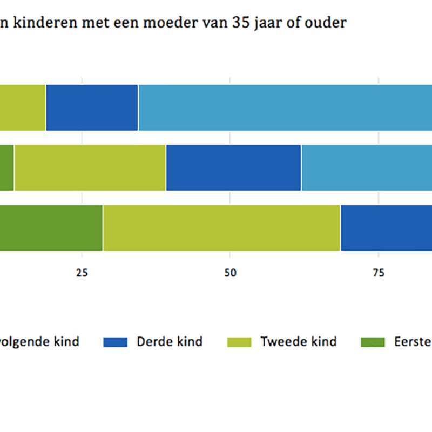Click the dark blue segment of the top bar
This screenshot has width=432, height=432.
tap(92, 108)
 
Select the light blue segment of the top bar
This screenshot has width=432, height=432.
tap(285, 108)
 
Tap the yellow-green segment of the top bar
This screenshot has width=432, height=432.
tap(23, 108)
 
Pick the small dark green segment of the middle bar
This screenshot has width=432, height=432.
tap(6, 167)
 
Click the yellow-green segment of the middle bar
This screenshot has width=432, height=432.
tap(90, 167)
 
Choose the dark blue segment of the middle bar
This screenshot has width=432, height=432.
tap(234, 167)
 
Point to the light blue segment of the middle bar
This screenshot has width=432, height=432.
tap(367, 167)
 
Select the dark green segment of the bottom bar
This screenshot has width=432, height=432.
tap(51, 227)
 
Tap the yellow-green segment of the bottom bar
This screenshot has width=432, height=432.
tap(221, 227)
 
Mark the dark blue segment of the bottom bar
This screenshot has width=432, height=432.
tap(386, 227)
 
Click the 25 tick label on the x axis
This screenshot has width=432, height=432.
tap(82, 273)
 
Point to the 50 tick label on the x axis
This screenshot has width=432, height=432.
tap(230, 273)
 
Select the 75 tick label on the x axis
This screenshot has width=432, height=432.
tap(379, 273)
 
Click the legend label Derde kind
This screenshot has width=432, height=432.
tap(170, 341)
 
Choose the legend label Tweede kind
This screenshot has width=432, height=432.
tap(298, 341)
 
